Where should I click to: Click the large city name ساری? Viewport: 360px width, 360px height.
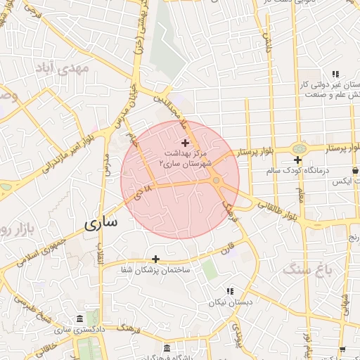pos(101,224)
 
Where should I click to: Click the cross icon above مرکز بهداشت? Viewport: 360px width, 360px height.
pos(185,143)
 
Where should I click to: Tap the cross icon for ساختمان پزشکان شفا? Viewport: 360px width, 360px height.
pos(155,259)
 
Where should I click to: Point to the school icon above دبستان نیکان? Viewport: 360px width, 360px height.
pos(229,291)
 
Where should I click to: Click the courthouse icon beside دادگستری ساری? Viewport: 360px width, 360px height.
pos(77,319)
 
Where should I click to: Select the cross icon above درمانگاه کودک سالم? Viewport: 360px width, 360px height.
pos(298,160)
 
